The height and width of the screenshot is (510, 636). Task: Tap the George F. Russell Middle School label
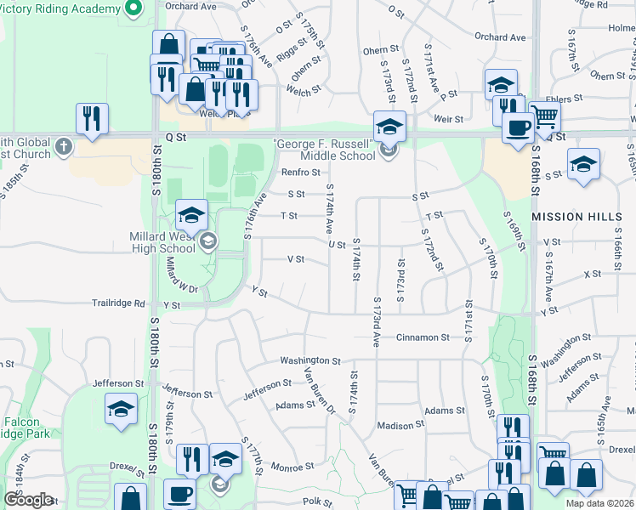coord(323,149)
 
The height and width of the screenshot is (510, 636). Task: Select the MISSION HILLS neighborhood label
coord(576,217)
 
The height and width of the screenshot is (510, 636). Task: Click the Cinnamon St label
coord(423,337)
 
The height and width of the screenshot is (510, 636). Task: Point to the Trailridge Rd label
coord(120,303)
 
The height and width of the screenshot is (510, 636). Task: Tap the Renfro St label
coord(299,173)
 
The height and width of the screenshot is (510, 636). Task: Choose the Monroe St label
coord(292,467)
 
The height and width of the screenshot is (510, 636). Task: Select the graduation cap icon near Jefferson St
coord(122,410)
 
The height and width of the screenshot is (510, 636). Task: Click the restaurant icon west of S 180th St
coord(92,118)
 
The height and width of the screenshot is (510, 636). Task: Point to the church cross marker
coord(63,148)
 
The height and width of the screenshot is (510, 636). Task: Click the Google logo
coord(29,500)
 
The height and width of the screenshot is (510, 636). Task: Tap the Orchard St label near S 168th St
coord(500,37)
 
